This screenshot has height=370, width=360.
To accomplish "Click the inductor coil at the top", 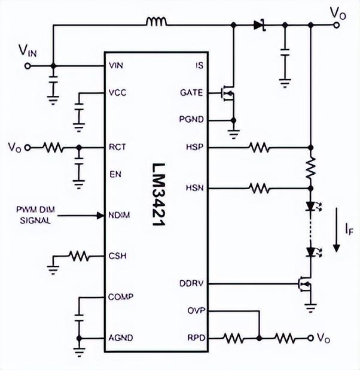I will pos(157,23).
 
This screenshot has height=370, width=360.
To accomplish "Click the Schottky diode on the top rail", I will pos(258,25).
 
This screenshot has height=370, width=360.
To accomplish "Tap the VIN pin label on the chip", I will pos(117,65).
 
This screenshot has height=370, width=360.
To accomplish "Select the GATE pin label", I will pos(191,93).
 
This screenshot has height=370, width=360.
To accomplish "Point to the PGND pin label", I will pos(191,120).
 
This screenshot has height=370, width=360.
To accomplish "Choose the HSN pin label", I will pos(195,188).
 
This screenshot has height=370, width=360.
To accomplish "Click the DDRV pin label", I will pos(192,283).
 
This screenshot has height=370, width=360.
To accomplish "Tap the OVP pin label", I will pos(195,311).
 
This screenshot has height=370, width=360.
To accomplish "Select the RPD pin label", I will pos(195,338).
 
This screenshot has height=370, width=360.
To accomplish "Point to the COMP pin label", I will pos(121,296).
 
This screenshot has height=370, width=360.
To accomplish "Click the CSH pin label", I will pos(117,256).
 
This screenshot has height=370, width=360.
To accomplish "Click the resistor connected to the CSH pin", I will pos(79,256).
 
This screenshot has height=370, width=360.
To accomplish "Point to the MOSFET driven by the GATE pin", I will pos(227,93).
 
